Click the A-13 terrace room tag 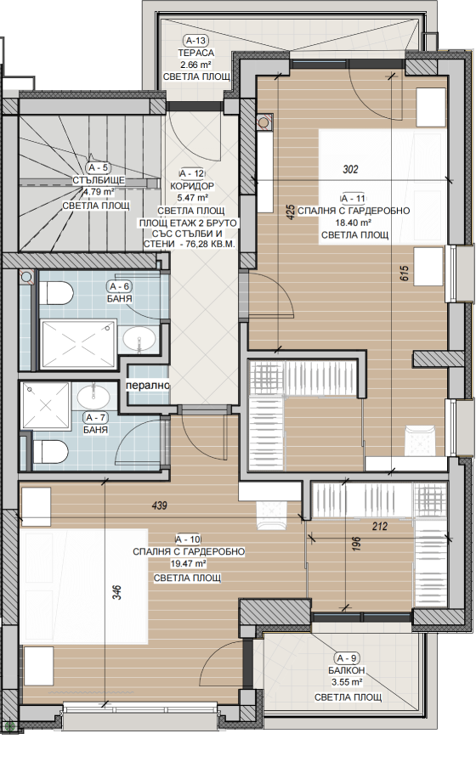click(x=195, y=41)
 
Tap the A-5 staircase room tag click(x=98, y=167)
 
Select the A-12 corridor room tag click(x=191, y=173)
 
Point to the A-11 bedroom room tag click(x=354, y=199)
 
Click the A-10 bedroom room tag click(x=188, y=539)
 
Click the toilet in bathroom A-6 click(x=56, y=293)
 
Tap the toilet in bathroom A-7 click(x=50, y=452)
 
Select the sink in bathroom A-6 click(x=139, y=340)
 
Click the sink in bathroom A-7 click(x=93, y=395)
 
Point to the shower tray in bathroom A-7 click(x=45, y=406)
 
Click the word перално click(x=148, y=386)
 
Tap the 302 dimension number click(x=350, y=170)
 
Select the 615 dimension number click(x=405, y=274)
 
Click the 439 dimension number click(x=159, y=505)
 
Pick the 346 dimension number click(x=116, y=592)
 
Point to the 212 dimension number click(x=380, y=527)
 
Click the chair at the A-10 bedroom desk click(x=272, y=516)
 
